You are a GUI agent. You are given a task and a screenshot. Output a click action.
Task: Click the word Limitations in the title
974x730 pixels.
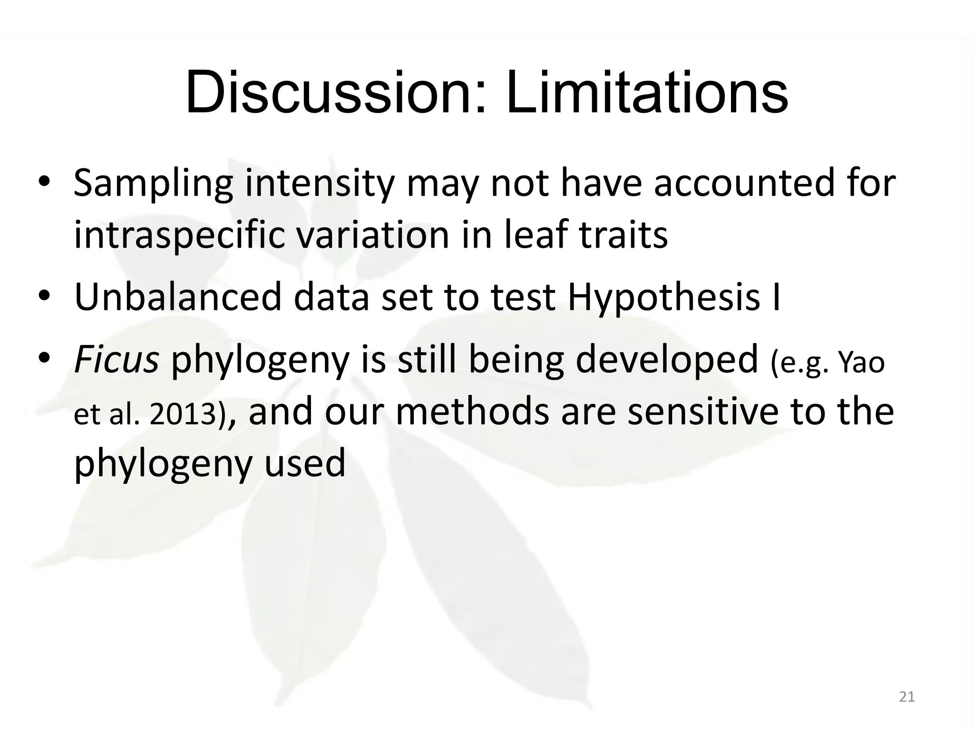pos(647,93)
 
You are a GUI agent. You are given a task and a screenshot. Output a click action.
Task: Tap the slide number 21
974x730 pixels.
pos(907,697)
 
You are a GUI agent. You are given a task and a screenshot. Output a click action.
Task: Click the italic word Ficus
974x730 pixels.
pos(116,360)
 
